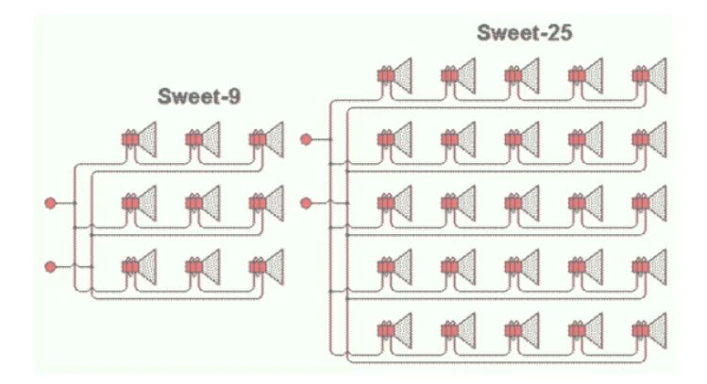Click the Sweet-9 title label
click(199, 96)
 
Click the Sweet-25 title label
click(525, 32)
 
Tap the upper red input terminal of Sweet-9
click(51, 203)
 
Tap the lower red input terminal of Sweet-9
click(51, 267)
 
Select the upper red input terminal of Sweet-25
click(306, 140)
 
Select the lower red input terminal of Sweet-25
click(306, 203)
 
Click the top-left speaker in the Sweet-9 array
click(140, 140)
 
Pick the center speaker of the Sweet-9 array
click(203, 203)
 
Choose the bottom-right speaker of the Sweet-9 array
click(267, 267)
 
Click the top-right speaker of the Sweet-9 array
click(267, 140)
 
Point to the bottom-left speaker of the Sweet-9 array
click(140, 267)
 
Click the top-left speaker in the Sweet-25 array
click(395, 75)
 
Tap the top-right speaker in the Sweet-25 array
click(649, 75)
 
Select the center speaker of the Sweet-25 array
click(522, 203)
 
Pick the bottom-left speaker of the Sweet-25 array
click(395, 331)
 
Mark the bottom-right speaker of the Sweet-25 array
click(649, 331)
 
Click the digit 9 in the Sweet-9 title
click(234, 96)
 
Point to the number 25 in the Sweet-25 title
click(558, 32)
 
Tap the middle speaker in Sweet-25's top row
click(522, 75)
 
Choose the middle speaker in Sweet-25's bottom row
click(522, 331)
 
